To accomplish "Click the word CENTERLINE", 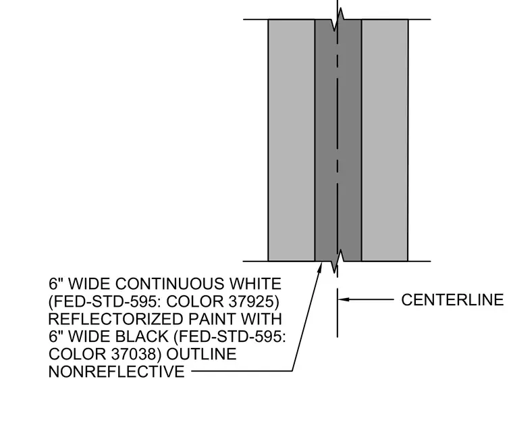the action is pyautogui.click(x=452, y=300).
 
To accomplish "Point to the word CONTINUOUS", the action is pyautogui.click(x=169, y=284).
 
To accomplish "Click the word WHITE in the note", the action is pyautogui.click(x=255, y=284).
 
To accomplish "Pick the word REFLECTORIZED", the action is pyautogui.click(x=116, y=320).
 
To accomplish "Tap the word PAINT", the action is pyautogui.click(x=212, y=320).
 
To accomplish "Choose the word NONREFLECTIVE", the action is pyautogui.click(x=117, y=372).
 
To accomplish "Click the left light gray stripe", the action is pyautogui.click(x=292, y=141).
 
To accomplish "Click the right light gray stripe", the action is pyautogui.click(x=385, y=141).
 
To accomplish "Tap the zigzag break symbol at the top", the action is pyautogui.click(x=337, y=20).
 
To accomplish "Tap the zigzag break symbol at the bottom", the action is pyautogui.click(x=337, y=261).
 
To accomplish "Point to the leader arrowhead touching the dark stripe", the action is pyautogui.click(x=321, y=267).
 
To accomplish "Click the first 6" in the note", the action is pyautogui.click(x=55, y=284).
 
